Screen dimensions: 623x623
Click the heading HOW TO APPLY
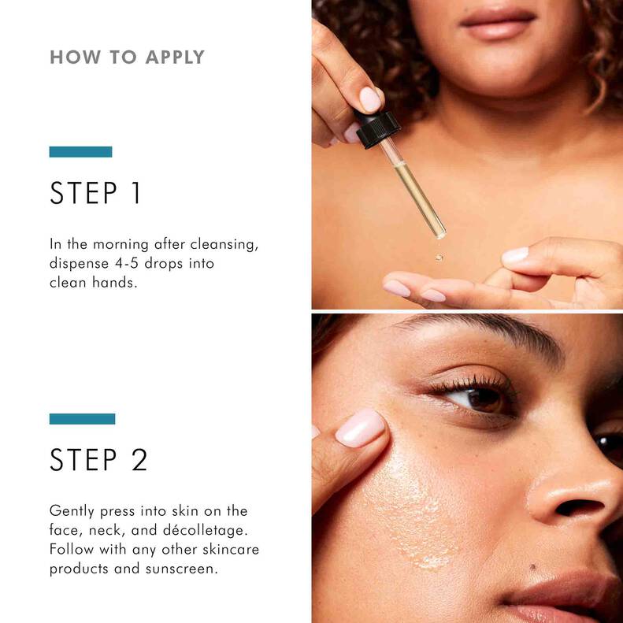tap(127, 57)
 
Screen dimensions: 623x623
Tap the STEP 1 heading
tap(95, 194)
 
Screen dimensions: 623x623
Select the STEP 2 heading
tap(98, 461)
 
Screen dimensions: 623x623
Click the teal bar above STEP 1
tap(80, 151)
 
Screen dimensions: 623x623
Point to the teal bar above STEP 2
tap(82, 418)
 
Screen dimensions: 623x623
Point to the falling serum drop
tap(439, 257)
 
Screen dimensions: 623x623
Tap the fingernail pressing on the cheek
tap(360, 427)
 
